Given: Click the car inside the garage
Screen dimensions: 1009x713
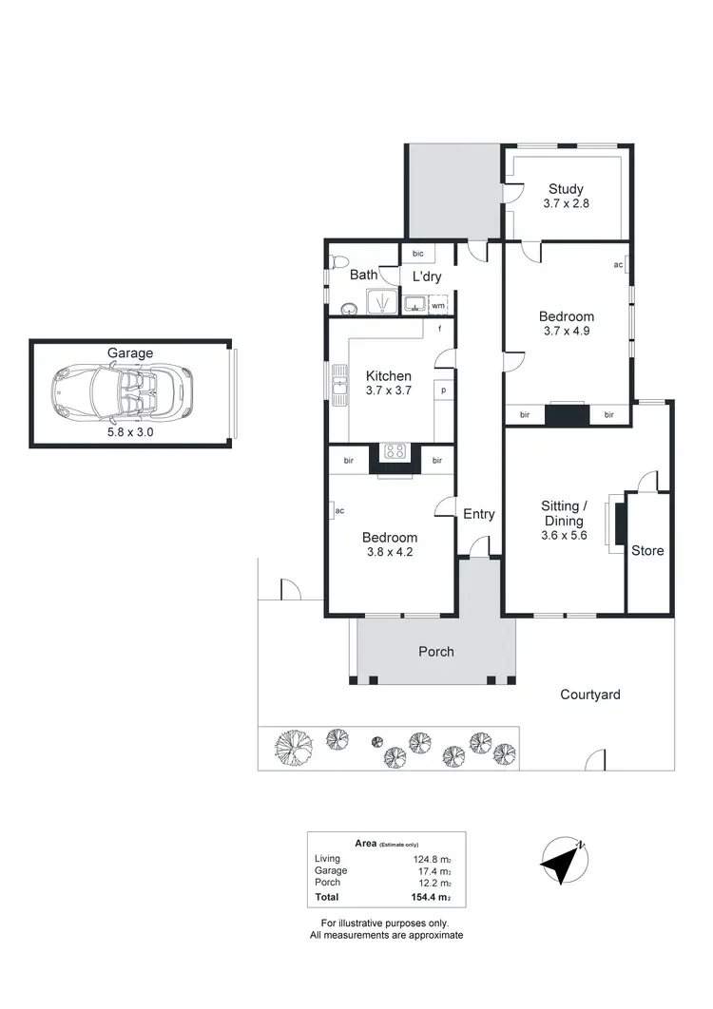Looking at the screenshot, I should [x=122, y=392].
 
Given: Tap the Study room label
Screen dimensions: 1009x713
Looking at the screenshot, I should [x=567, y=189].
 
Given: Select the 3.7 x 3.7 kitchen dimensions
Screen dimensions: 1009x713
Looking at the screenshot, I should [x=389, y=390].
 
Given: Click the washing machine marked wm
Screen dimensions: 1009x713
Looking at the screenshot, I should [x=438, y=305].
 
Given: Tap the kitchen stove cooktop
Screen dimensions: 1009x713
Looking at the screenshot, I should [x=395, y=451].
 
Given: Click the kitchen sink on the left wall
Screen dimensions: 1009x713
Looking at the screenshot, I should [x=339, y=388].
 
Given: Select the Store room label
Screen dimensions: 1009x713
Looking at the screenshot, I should [x=648, y=551].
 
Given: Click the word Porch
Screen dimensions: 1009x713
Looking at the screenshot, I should [x=436, y=652].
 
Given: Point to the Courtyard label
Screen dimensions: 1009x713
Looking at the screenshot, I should [x=590, y=695].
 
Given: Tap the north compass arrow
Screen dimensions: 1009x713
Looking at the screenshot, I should [x=562, y=863].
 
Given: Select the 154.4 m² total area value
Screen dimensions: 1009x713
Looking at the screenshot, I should [x=431, y=898].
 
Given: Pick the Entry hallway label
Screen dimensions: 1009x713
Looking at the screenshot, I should [x=479, y=514].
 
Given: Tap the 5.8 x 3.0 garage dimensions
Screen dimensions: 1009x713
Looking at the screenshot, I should [x=130, y=430].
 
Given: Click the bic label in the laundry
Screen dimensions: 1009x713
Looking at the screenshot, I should [x=418, y=255].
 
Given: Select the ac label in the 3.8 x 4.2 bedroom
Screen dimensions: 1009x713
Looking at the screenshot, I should [x=339, y=511].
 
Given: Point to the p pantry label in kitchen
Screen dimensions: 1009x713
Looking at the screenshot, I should [x=442, y=390].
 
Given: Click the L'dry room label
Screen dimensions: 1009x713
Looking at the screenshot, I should [x=427, y=276].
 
